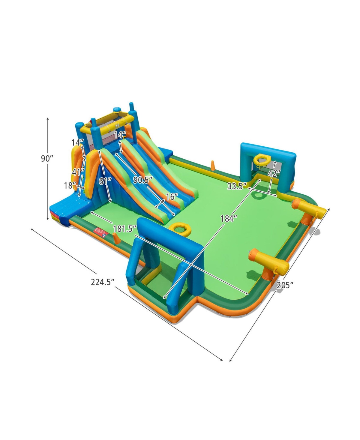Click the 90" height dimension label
click(47, 159)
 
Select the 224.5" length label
click(103, 282)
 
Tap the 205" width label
click(285, 285)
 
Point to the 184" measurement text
click(227, 219)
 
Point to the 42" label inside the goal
click(274, 173)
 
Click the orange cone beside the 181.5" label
click(116, 238)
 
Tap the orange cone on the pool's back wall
click(212, 166)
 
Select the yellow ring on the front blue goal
click(180, 229)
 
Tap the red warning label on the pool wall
click(100, 231)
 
